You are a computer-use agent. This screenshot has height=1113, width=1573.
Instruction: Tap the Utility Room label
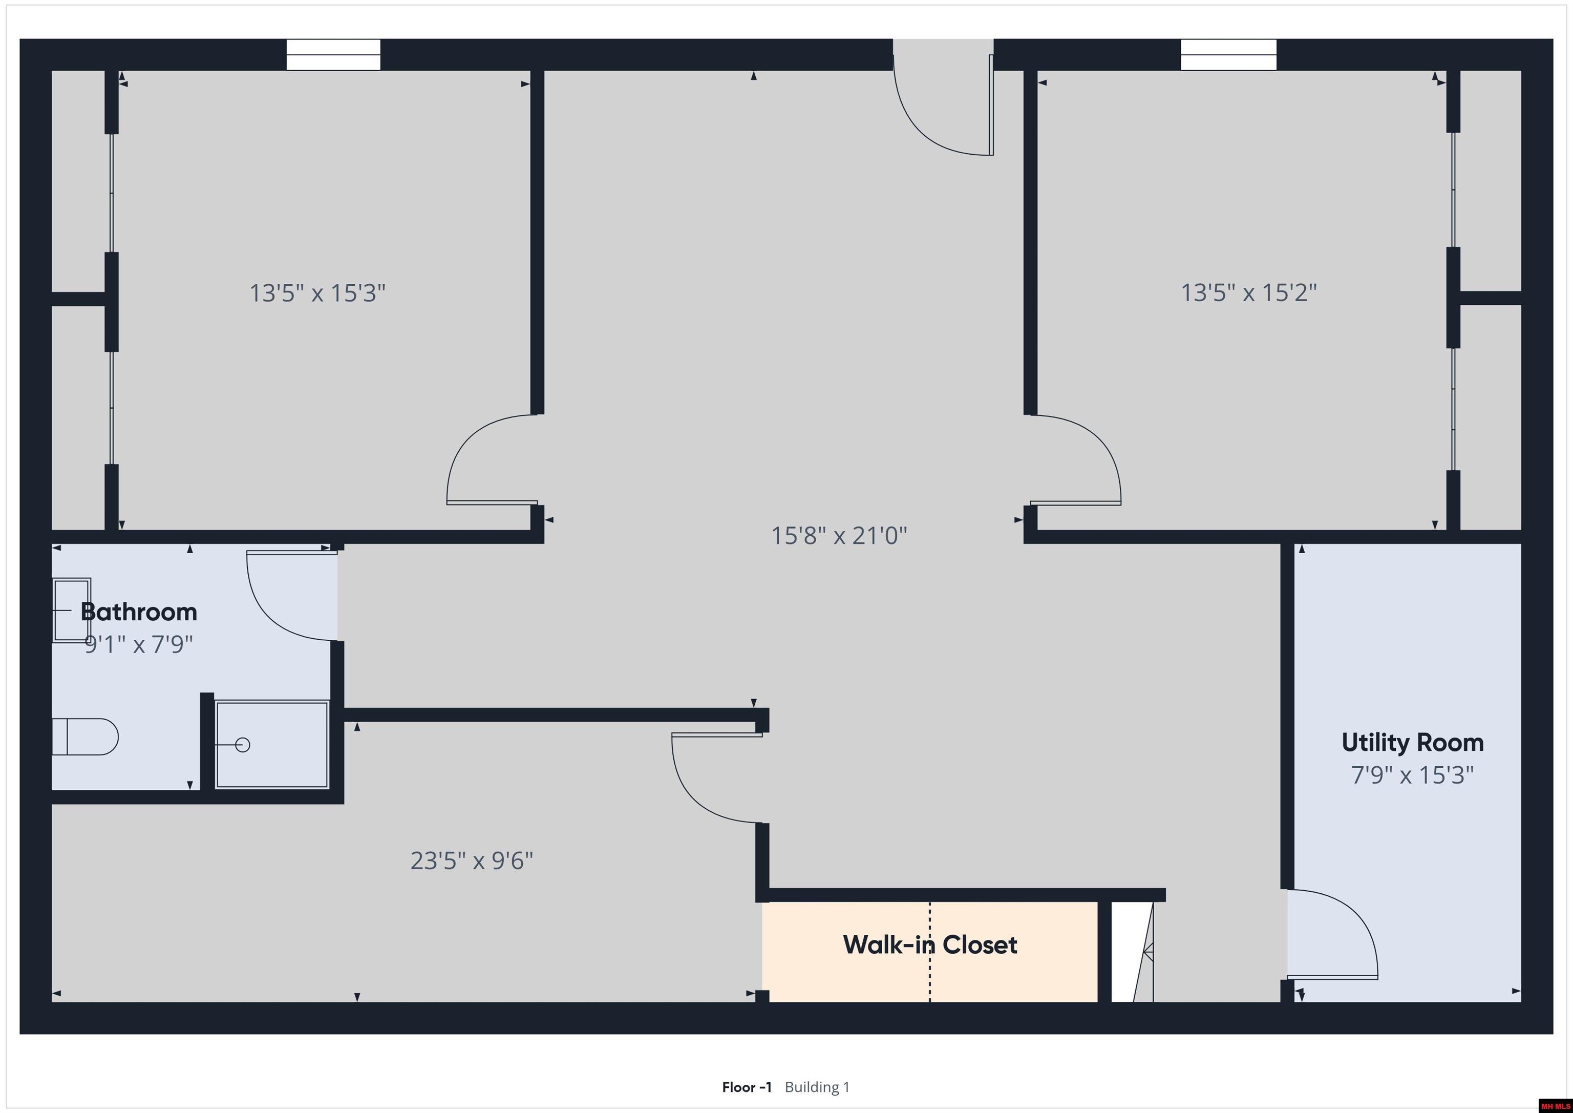coord(1412,742)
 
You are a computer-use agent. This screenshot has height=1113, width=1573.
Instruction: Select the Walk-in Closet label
coord(930,945)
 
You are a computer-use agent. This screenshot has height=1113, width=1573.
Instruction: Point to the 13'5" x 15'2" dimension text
coord(1248,292)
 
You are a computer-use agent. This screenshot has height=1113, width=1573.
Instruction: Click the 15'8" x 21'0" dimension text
coord(839,535)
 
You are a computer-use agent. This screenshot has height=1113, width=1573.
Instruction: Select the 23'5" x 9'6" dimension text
coord(472,861)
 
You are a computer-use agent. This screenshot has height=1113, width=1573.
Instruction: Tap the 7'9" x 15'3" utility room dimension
coord(1412,775)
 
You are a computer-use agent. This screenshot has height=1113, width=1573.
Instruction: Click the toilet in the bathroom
coord(86,737)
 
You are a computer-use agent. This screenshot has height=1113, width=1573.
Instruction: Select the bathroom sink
coord(71,610)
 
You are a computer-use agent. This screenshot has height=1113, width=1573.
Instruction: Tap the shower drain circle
coord(243,744)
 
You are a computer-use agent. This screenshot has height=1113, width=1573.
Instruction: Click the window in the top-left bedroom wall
coord(333,55)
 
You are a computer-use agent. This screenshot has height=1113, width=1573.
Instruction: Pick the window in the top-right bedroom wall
coord(1228,55)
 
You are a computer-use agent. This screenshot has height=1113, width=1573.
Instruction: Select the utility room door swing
coord(1329,935)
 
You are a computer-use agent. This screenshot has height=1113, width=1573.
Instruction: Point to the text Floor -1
coord(746,1087)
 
